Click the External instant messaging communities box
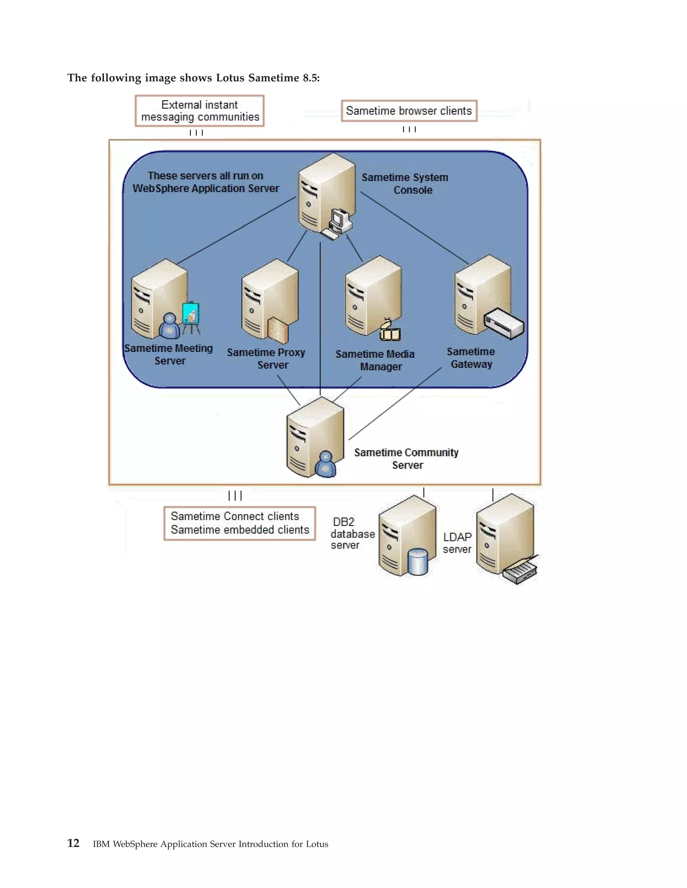coord(200,111)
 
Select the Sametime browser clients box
coord(409,111)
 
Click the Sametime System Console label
coord(405,183)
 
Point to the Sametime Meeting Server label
coord(169,354)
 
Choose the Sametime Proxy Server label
coord(267,358)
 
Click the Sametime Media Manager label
coord(375,360)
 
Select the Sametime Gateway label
coord(471,358)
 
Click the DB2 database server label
coord(352,533)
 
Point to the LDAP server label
coord(457,543)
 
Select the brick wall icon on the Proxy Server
coord(278,330)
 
